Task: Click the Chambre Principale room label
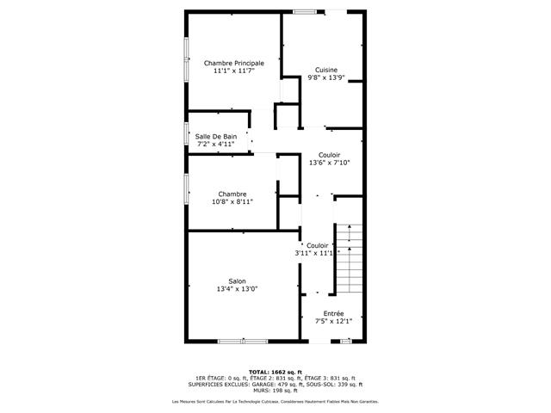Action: pos(233,63)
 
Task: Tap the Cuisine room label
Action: pos(325,70)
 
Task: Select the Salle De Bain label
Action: pos(215,136)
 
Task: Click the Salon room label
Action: pos(237,281)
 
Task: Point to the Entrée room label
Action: pos(333,313)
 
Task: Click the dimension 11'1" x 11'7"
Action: pos(233,71)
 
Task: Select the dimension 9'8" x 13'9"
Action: pos(325,77)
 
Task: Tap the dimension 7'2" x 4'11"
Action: pos(215,145)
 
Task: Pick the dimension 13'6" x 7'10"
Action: pos(329,163)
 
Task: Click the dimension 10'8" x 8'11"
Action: pos(232,202)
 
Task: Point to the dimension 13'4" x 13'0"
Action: pos(237,289)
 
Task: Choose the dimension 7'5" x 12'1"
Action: pos(333,322)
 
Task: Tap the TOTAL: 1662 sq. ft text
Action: pos(275,372)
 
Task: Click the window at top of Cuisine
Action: pos(303,11)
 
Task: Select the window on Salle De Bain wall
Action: pos(187,136)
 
